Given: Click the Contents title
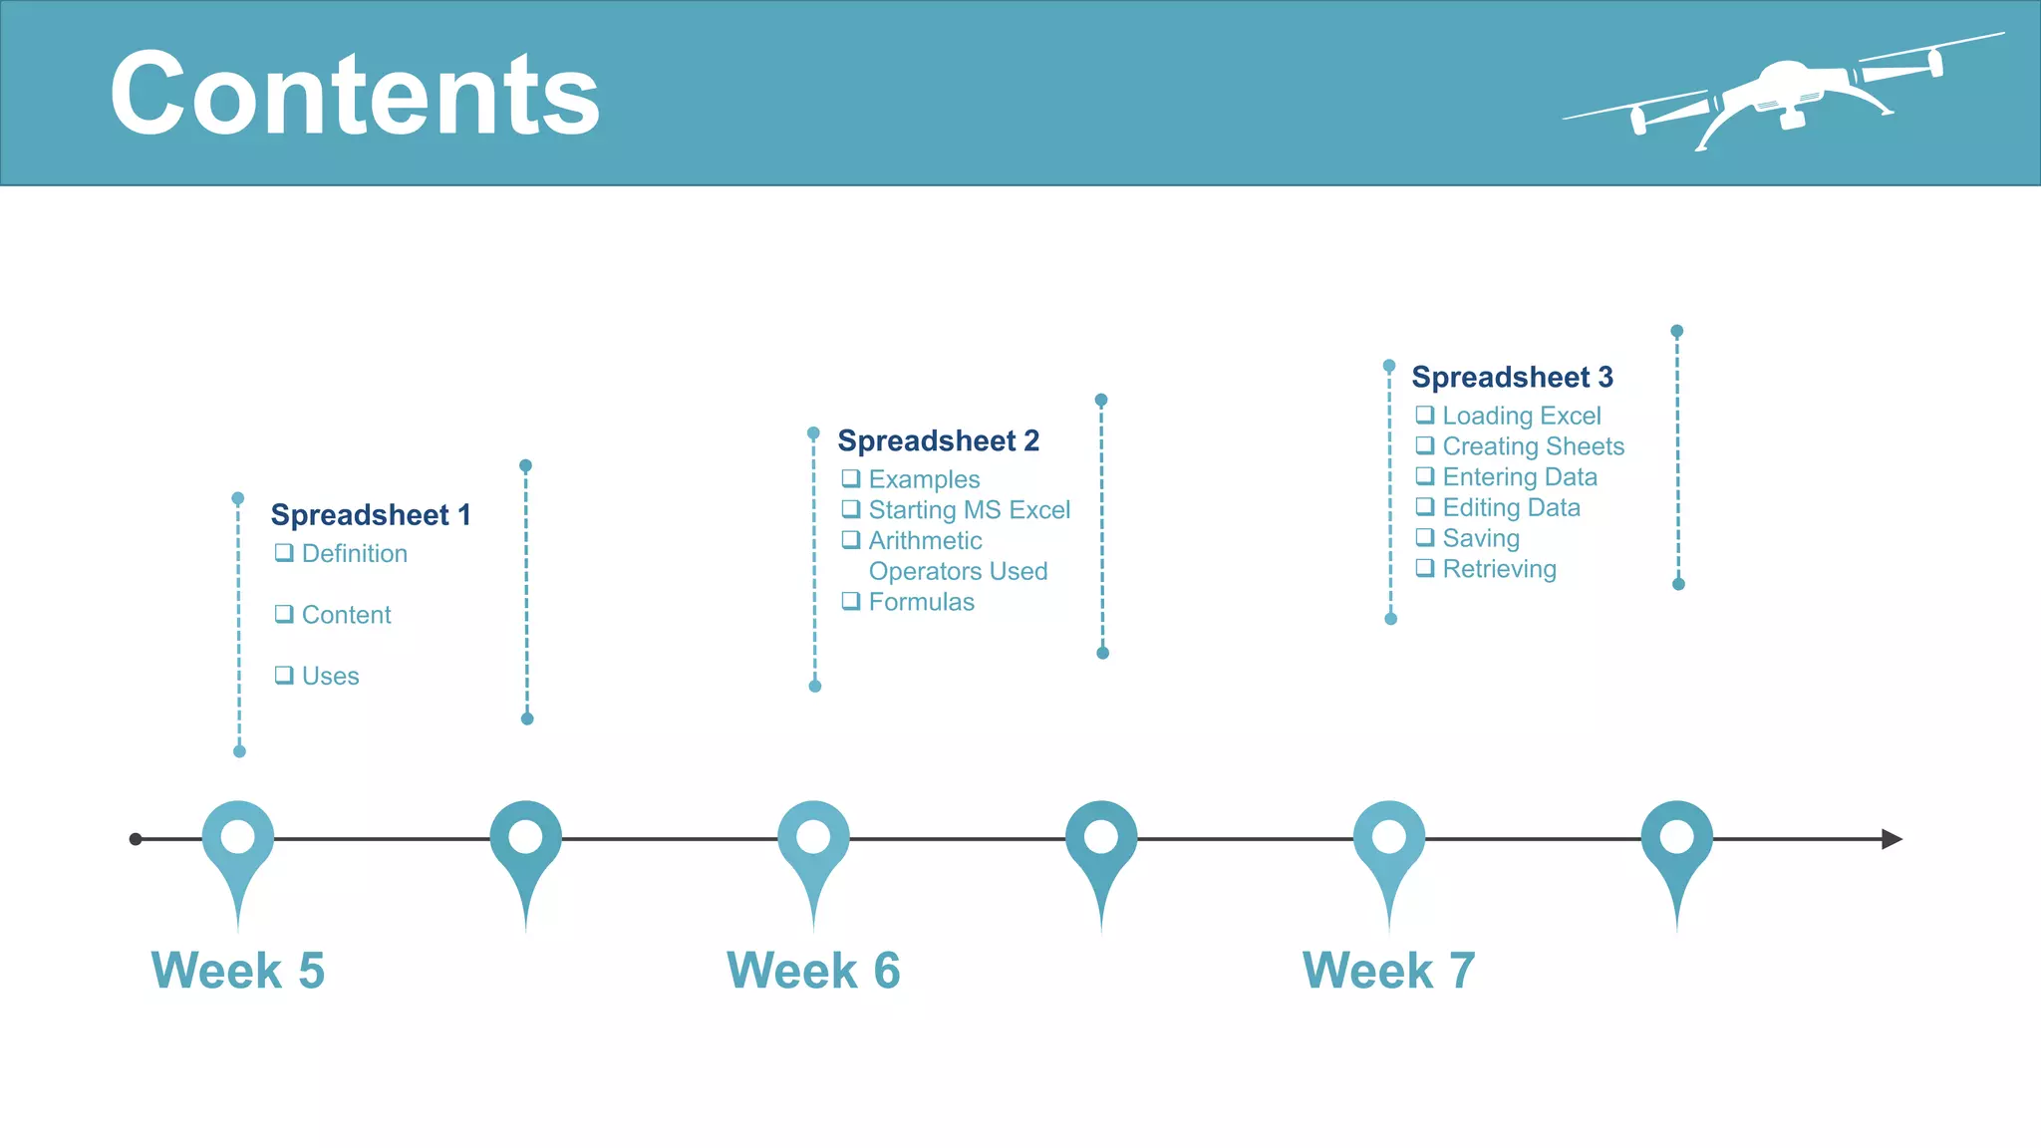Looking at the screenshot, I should (x=355, y=95).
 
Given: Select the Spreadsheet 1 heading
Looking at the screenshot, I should (x=370, y=515).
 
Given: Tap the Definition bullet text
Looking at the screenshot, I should (x=354, y=554).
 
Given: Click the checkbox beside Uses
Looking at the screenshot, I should (x=284, y=675).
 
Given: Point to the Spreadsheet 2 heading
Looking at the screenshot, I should (x=938, y=440).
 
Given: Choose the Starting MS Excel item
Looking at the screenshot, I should (x=969, y=510).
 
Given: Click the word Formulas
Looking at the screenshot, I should (x=921, y=602).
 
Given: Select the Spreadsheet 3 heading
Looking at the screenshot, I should (x=1512, y=378).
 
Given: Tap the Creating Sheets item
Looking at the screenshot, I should (x=1533, y=446).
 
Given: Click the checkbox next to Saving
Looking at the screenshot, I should (x=1425, y=537).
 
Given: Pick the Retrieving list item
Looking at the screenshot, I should (x=1499, y=569).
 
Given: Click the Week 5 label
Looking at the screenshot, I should (x=237, y=971).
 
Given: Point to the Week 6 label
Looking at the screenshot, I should (x=813, y=971).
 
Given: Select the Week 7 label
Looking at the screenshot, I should (x=1388, y=971).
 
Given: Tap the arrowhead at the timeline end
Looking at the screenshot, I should (x=1891, y=839).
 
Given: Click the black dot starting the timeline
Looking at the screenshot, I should (x=136, y=839).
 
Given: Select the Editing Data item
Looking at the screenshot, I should (x=1511, y=508).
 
